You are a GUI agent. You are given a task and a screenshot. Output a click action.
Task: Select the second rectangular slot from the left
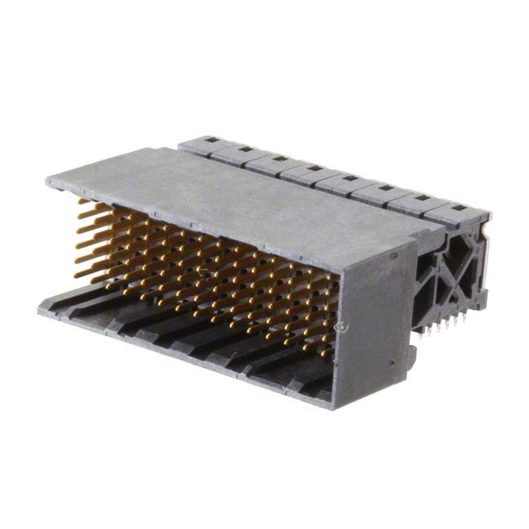pos(245,149)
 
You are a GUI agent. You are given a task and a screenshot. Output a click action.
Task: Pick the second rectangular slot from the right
pos(422,198)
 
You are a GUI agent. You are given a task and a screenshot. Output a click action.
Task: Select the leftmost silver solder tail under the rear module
pos(422,332)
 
